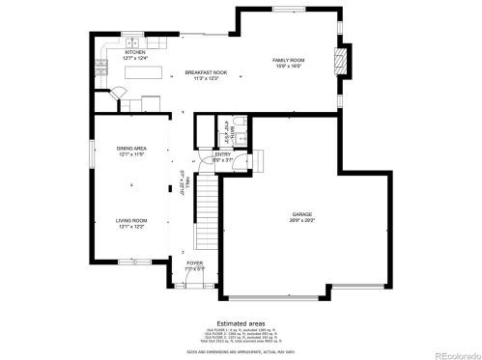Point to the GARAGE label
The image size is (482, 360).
302,213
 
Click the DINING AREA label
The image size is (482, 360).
131,148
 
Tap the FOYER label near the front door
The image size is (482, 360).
195,262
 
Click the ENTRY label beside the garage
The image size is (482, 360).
223,153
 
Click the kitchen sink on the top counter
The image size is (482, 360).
131,43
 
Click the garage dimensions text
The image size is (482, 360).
302,220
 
